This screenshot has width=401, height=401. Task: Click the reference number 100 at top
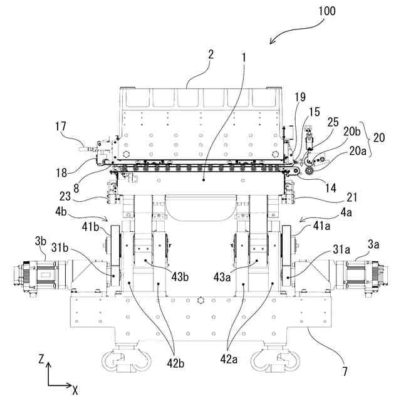coord(327,11)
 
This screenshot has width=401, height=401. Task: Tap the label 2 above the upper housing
coord(211,55)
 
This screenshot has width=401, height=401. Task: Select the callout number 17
coord(61,127)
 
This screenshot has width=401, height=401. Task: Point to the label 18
coord(61,173)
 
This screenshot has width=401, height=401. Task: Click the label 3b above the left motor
coord(41,241)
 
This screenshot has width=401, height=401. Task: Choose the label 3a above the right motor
coord(373,245)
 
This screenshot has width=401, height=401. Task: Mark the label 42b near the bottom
coord(175,363)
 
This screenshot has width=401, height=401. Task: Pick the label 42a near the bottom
coord(229,359)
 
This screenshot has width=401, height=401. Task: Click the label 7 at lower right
coord(345,372)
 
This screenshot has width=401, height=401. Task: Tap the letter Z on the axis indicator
coord(41,360)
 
